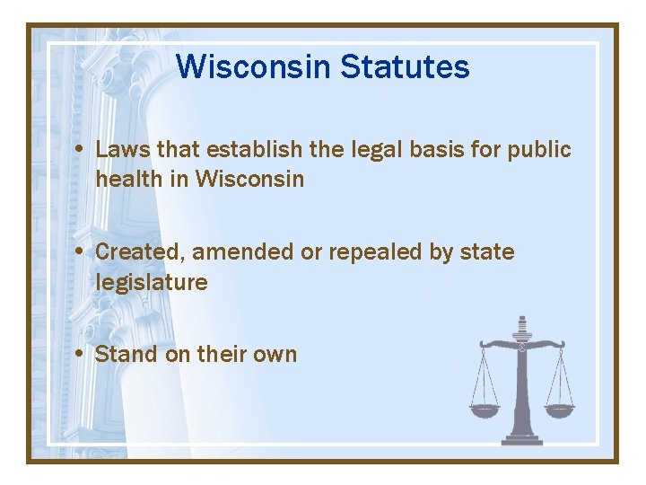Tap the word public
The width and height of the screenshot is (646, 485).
pos(539,149)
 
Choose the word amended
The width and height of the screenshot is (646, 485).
pos(242,251)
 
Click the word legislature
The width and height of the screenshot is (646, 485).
pos(152,282)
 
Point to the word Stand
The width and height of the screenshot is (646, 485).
pos(126,354)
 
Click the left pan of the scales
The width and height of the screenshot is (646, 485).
pos(484,410)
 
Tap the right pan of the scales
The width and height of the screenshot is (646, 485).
pos(560,410)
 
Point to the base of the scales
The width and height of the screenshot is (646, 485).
pos(522,439)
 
